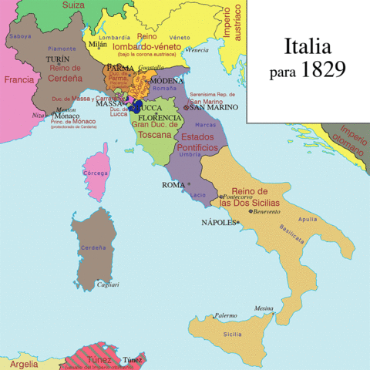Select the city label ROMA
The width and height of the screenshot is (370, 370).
point(173,185)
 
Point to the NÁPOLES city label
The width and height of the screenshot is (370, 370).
point(219,222)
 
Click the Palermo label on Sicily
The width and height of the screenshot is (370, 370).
point(225,315)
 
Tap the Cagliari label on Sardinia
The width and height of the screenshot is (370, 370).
point(108,284)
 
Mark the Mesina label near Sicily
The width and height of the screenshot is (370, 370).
point(265,306)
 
